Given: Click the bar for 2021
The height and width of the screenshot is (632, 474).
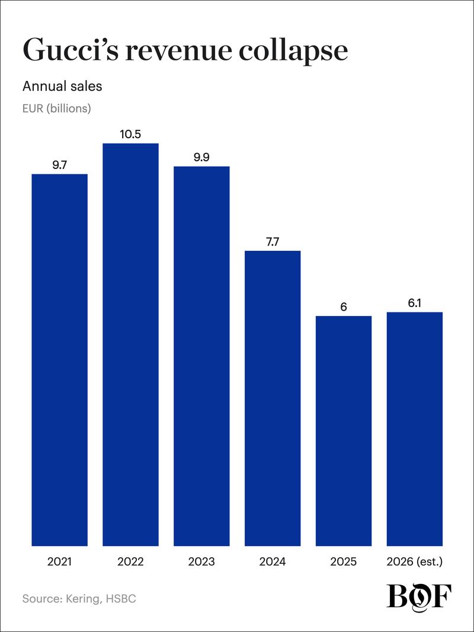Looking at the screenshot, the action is pyautogui.click(x=60, y=360).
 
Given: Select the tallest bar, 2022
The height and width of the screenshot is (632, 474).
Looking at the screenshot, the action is pyautogui.click(x=130, y=344).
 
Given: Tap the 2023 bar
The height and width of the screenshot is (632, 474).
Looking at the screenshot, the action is pyautogui.click(x=201, y=356).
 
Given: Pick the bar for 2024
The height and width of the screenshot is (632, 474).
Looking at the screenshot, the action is pyautogui.click(x=273, y=398).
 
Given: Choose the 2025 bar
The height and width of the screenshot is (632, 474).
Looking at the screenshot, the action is pyautogui.click(x=344, y=431).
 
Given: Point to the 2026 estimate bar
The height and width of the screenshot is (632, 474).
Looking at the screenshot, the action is pyautogui.click(x=414, y=429).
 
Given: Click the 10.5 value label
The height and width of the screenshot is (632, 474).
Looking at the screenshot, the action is pyautogui.click(x=130, y=134).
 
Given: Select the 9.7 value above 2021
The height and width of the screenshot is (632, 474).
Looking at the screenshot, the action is pyautogui.click(x=60, y=165).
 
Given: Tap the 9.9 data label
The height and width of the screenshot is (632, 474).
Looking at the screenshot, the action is pyautogui.click(x=201, y=157).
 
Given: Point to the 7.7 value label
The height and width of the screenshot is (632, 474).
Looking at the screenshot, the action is pyautogui.click(x=273, y=242).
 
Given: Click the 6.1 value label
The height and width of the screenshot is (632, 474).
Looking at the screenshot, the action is pyautogui.click(x=414, y=303).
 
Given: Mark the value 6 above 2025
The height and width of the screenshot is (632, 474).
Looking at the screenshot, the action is pyautogui.click(x=344, y=307).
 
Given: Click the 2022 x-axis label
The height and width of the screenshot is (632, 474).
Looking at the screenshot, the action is pyautogui.click(x=130, y=561).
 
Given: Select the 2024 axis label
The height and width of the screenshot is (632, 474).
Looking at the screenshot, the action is pyautogui.click(x=273, y=561).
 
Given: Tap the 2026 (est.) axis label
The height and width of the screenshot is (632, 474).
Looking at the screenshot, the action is pyautogui.click(x=414, y=561).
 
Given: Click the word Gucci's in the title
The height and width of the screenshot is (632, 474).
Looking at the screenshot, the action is pyautogui.click(x=71, y=50).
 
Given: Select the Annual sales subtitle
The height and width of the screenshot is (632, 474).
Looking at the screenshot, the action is pyautogui.click(x=62, y=86).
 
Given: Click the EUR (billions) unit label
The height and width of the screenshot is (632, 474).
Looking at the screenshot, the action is pyautogui.click(x=57, y=108).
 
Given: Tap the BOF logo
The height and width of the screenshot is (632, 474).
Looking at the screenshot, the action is pyautogui.click(x=419, y=596).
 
